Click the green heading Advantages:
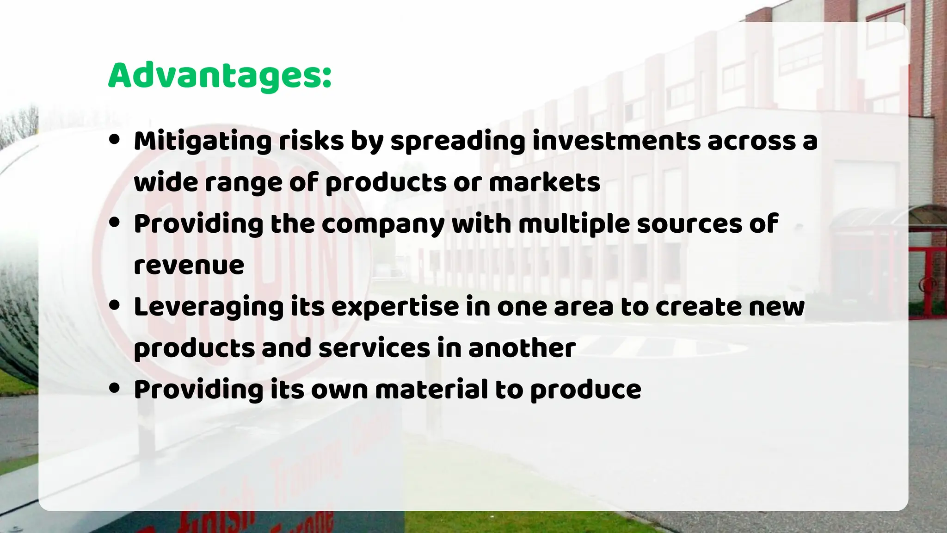[220, 75]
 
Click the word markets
[545, 182]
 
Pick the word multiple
[574, 224]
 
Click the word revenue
[189, 265]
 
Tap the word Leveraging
[208, 307]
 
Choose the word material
[431, 390]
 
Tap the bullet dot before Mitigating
[114, 140]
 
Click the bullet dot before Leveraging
[114, 305]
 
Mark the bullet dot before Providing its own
[114, 388]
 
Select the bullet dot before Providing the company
[114, 223]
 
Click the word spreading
[458, 141]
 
